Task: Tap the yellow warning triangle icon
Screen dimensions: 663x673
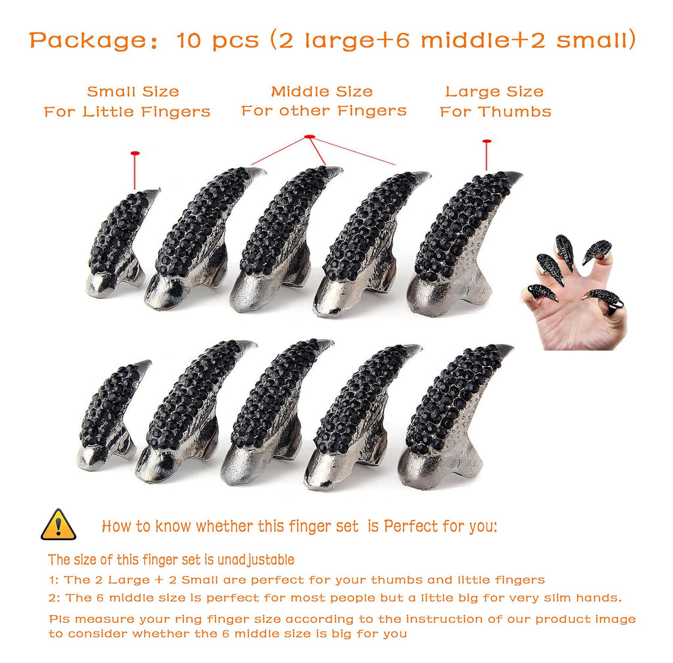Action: [x=58, y=524]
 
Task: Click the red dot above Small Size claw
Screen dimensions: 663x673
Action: [x=135, y=154]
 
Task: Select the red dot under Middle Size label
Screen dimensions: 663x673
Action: [x=310, y=137]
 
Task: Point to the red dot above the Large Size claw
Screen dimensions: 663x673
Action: [x=486, y=141]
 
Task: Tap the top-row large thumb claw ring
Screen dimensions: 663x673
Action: [x=460, y=243]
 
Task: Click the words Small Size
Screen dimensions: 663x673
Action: [x=133, y=92]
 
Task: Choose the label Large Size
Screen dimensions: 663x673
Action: [x=494, y=92]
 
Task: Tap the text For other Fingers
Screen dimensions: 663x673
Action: [x=324, y=111]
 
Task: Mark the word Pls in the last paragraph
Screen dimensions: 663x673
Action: [x=60, y=619]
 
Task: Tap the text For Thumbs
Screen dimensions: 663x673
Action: [x=496, y=112]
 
